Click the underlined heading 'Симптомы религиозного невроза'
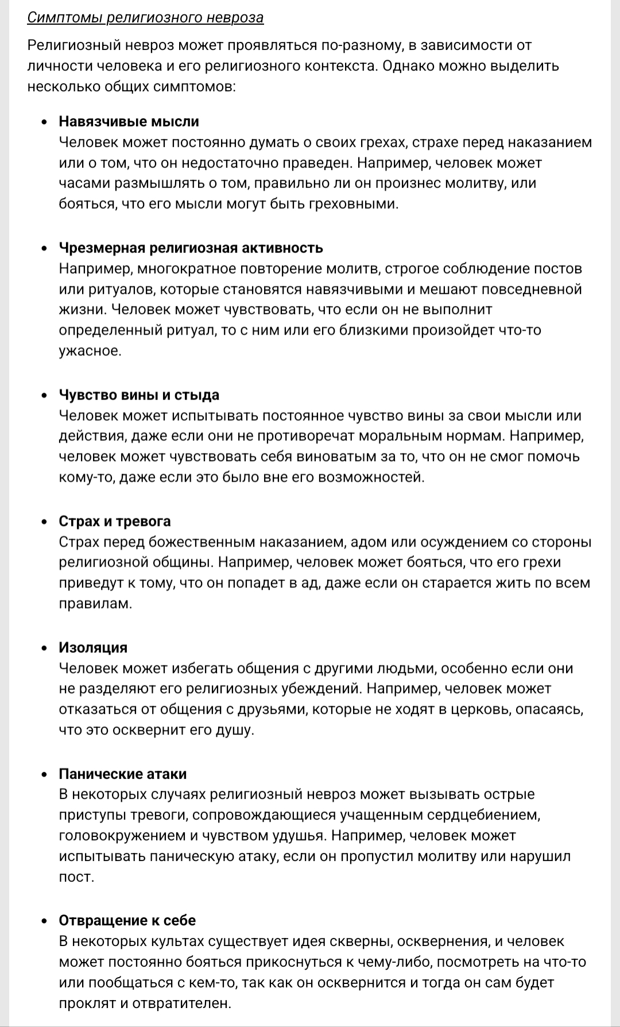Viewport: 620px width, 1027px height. (x=145, y=18)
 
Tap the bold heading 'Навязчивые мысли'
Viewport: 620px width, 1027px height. (x=129, y=122)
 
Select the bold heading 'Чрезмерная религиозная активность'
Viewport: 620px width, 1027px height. (x=191, y=248)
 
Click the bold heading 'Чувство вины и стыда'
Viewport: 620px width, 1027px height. (x=139, y=395)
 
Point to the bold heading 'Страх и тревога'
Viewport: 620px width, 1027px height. (x=115, y=521)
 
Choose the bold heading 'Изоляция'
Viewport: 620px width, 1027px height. (x=93, y=648)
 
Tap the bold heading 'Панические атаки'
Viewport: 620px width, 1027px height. (x=123, y=774)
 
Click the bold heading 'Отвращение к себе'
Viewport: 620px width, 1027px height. (x=127, y=921)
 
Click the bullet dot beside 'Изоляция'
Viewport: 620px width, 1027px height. (x=45, y=648)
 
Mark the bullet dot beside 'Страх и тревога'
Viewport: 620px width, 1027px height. (x=45, y=522)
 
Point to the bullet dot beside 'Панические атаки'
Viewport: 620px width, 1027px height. (x=45, y=774)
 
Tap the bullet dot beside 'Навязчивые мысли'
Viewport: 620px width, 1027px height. (x=45, y=122)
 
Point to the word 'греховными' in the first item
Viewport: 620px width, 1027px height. (x=360, y=204)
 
